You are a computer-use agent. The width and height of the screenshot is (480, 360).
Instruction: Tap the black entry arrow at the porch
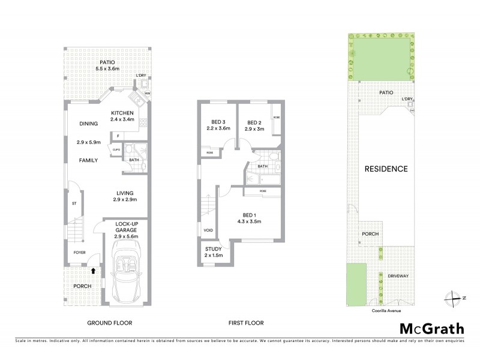93,271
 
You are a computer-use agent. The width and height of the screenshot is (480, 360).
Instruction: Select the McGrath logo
431,329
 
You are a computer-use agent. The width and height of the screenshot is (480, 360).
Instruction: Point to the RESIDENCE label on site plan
386,169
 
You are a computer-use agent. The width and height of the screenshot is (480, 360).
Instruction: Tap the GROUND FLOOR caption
110,323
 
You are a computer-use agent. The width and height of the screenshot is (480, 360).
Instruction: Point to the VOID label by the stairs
208,229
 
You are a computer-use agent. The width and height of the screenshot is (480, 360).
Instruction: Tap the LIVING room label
126,192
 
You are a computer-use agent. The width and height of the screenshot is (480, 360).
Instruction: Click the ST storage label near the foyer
74,203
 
